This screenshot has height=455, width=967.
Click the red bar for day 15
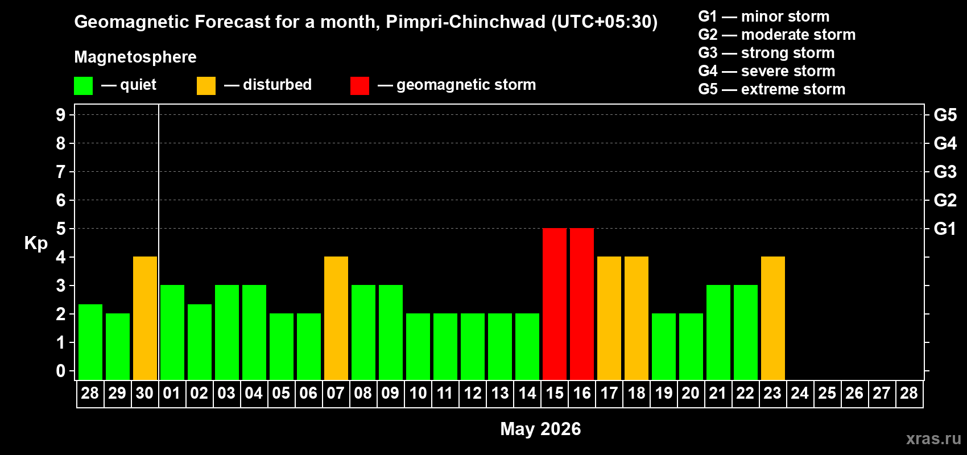(x=555, y=304)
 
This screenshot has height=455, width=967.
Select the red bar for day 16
(x=582, y=304)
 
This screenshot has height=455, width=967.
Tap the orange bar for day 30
(x=145, y=318)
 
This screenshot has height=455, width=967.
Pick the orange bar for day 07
(x=336, y=318)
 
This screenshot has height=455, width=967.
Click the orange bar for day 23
(x=773, y=318)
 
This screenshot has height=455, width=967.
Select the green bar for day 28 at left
(x=90, y=342)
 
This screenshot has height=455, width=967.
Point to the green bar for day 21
(x=718, y=332)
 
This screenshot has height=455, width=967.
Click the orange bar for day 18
(x=637, y=318)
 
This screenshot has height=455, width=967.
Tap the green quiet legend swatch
(x=84, y=86)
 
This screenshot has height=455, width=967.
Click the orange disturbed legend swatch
(x=206, y=86)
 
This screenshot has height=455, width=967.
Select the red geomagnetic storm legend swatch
(x=359, y=86)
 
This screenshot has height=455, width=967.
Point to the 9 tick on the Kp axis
(x=61, y=115)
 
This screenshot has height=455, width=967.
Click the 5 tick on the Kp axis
(x=61, y=229)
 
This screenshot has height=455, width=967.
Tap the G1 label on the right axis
(x=945, y=229)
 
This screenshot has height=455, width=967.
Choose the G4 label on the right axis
(x=945, y=143)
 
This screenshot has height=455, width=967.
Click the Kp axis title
(x=36, y=243)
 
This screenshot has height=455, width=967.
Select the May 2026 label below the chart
(x=540, y=429)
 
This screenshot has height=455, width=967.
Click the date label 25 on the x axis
(x=827, y=394)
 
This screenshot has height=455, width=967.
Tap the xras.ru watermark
(x=933, y=439)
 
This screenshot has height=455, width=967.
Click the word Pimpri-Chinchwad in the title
(x=466, y=22)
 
